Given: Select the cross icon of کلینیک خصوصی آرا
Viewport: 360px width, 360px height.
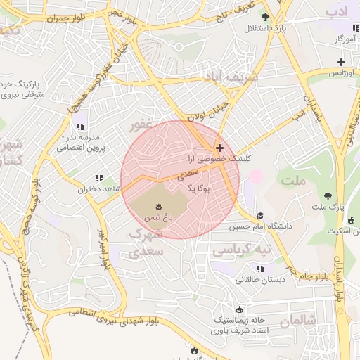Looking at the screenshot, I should tap(220, 148).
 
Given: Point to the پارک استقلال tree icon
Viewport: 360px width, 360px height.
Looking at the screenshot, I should tap(264, 18).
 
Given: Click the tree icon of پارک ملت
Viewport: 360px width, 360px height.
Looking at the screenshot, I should tap(328, 196).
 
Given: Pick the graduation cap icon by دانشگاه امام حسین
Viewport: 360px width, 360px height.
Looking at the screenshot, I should tap(260, 216).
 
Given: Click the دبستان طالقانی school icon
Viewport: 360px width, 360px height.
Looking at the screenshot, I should tap(260, 269).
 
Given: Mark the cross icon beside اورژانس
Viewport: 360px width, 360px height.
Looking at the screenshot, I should tap(341, 62).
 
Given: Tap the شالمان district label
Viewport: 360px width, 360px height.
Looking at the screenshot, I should tap(297, 321).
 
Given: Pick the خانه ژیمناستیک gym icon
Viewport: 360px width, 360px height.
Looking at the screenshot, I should tap(240, 309).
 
